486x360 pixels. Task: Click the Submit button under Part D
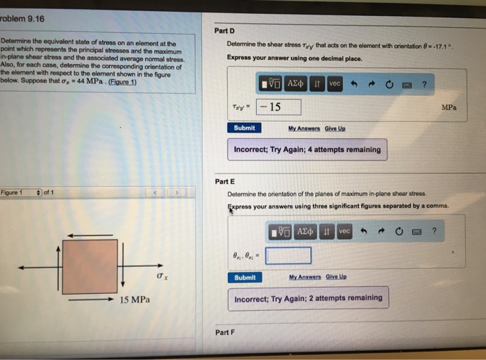click(x=244, y=128)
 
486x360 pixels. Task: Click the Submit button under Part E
click(x=244, y=277)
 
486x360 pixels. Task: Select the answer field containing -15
click(x=278, y=107)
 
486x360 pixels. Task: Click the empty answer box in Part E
click(x=287, y=256)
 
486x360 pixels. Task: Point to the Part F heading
click(x=225, y=332)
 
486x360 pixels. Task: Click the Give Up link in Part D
click(x=335, y=129)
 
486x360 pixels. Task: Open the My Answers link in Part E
click(x=306, y=278)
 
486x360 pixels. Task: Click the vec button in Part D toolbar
click(x=335, y=83)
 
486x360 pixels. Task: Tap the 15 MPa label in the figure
click(x=134, y=300)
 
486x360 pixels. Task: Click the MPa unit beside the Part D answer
click(x=449, y=108)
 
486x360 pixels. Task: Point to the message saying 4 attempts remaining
click(x=307, y=149)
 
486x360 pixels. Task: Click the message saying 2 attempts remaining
click(x=308, y=298)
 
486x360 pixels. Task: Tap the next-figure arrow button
click(x=178, y=193)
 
